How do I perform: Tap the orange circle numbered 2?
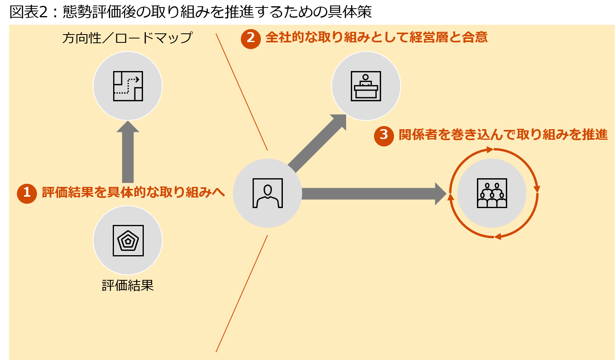point(251,38)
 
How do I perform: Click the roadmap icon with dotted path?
point(128,86)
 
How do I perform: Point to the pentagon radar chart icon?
point(128,241)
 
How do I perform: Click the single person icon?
point(268,193)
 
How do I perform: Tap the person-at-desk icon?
point(366,86)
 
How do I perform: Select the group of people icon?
point(492,193)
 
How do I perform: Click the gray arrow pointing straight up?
point(128,153)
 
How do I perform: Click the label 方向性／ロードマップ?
point(127,38)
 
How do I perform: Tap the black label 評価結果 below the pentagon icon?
point(128,285)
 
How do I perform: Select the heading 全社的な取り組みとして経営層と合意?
point(376,38)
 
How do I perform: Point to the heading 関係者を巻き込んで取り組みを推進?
point(503,135)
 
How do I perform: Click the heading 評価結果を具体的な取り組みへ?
point(133,192)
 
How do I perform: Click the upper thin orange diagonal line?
point(242,92)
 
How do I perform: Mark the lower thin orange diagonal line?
point(242,294)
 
